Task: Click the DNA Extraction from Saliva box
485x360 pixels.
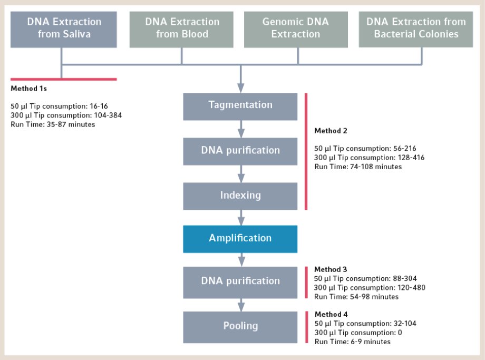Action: coord(64,30)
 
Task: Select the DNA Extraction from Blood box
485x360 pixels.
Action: coord(181,30)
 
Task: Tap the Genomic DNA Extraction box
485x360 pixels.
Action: coord(296,30)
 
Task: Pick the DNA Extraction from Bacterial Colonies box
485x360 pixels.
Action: coord(416,30)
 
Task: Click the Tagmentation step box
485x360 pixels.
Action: coord(240,106)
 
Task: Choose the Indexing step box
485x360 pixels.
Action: coord(240,196)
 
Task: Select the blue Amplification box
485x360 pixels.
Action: coord(240,239)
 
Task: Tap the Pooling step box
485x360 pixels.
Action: coord(240,327)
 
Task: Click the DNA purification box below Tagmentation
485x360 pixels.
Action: coord(240,151)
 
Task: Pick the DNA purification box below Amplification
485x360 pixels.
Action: coord(240,283)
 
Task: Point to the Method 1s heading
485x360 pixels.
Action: coord(29,89)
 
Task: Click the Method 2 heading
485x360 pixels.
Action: coord(331,131)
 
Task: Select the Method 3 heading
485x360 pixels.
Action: coord(331,269)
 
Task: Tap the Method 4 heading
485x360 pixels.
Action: coord(331,314)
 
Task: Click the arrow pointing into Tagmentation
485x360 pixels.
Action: coord(240,79)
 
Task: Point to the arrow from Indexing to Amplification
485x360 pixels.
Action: coord(241,217)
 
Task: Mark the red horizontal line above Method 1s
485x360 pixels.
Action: coord(64,79)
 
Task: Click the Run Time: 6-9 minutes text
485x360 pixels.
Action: coord(353,342)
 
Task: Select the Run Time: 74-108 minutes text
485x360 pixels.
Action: coord(358,167)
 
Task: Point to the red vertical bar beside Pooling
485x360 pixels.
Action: coord(306,327)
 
